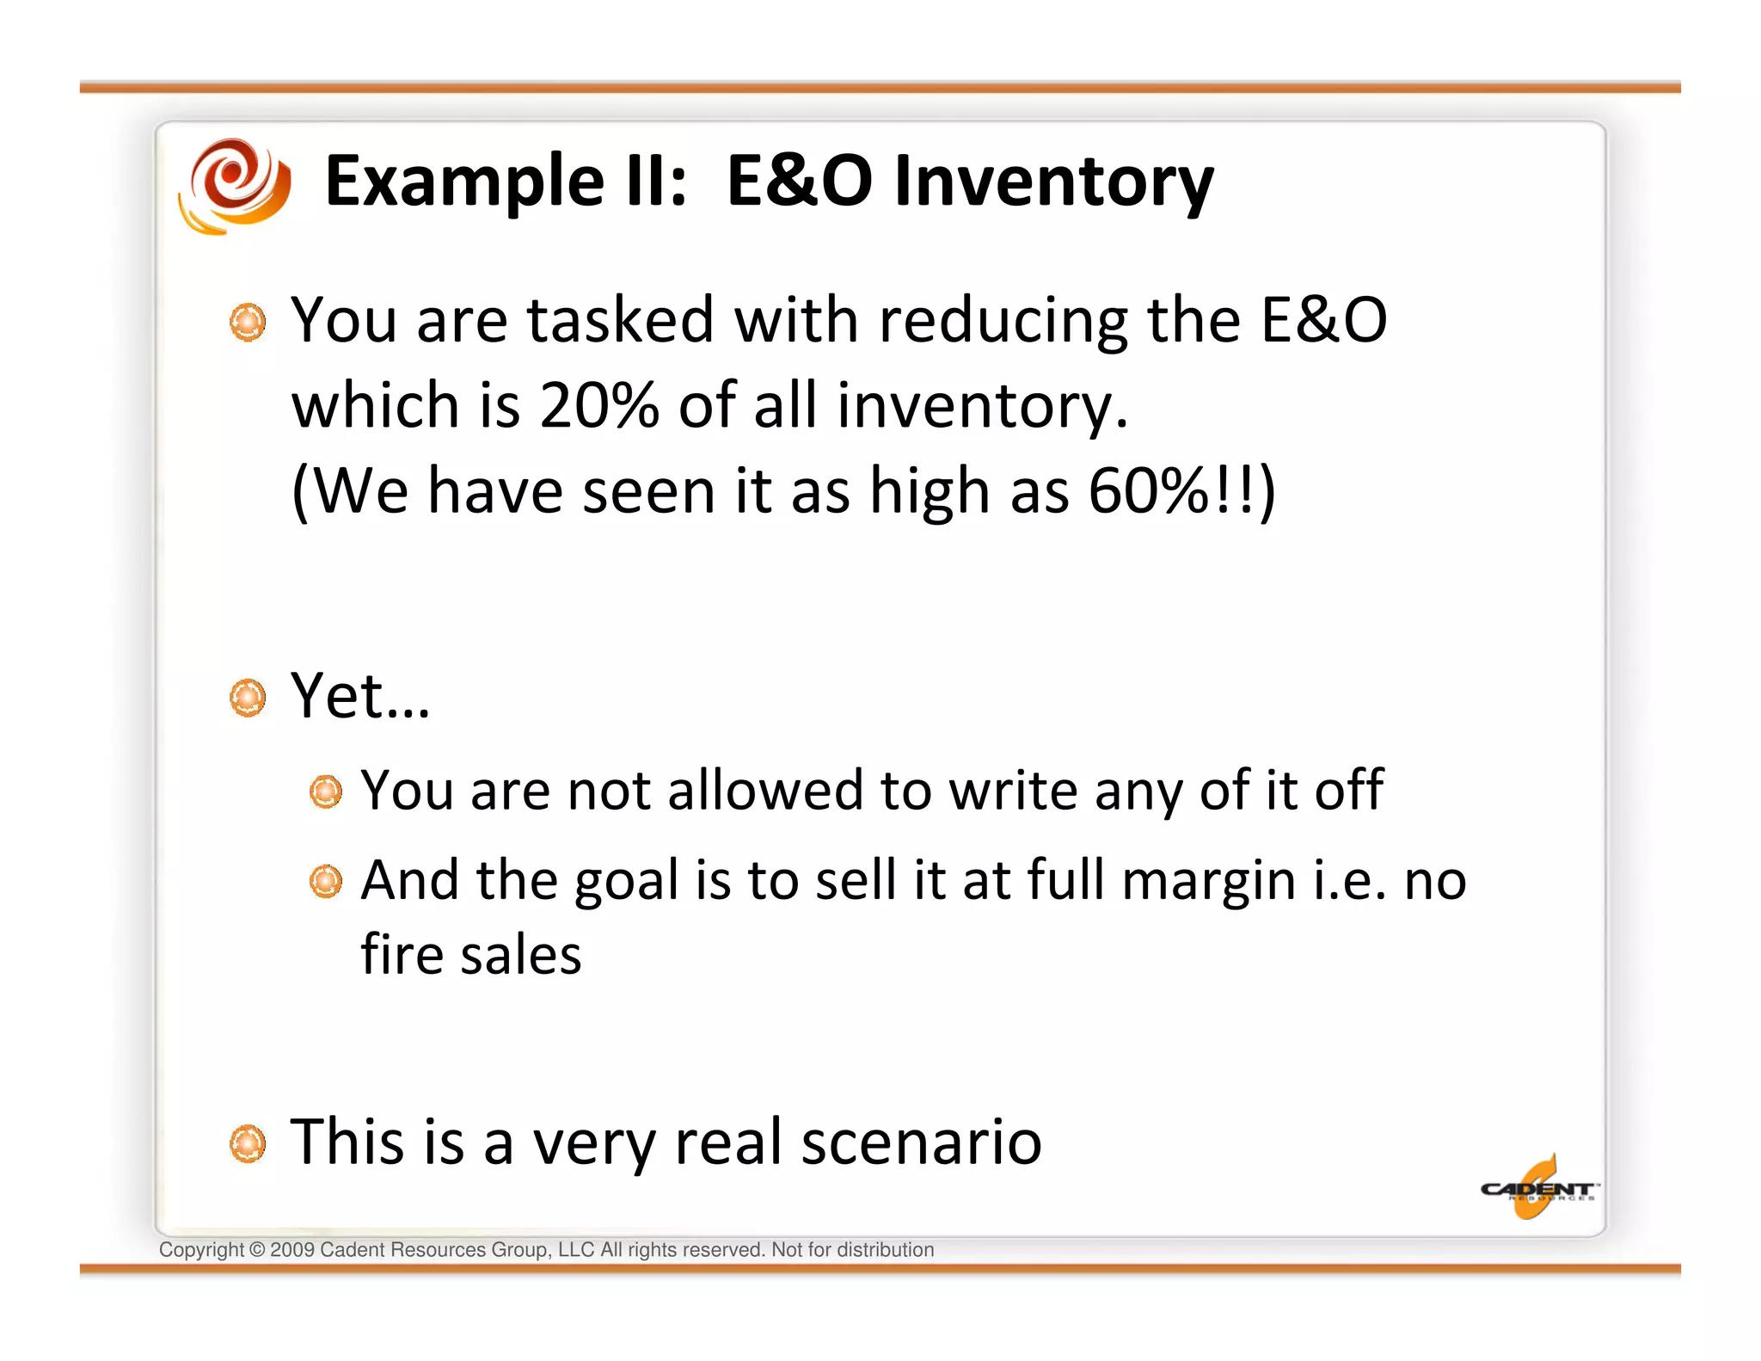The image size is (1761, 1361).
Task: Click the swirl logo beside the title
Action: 235,185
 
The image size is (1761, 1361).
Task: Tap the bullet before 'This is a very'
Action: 249,1144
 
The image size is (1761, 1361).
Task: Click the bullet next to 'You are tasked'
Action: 249,323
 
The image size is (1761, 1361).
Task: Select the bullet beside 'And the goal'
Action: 326,882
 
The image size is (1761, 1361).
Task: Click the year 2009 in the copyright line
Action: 292,1250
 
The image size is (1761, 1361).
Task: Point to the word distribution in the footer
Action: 885,1250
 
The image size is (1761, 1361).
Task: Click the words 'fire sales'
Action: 470,955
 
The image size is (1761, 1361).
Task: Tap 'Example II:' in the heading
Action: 506,182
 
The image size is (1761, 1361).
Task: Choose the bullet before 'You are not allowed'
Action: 326,791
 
